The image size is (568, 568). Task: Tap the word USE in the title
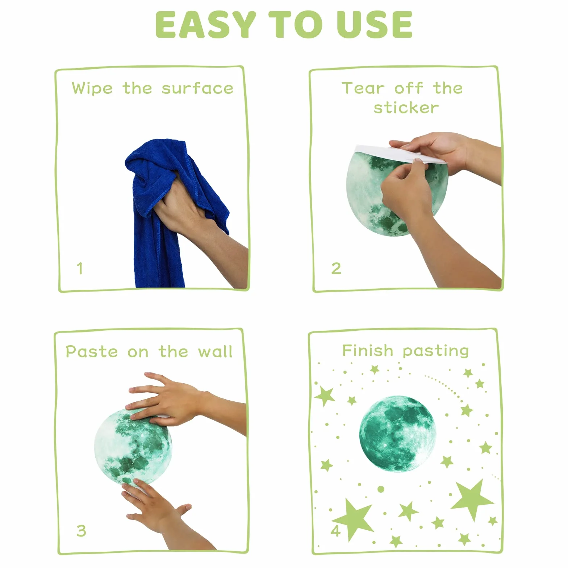(x=374, y=24)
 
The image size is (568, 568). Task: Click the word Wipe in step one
(x=92, y=88)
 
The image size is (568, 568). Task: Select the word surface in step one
(x=197, y=88)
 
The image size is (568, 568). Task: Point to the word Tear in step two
(x=363, y=88)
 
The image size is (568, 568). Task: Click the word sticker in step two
(x=406, y=108)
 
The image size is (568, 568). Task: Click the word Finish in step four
(x=367, y=350)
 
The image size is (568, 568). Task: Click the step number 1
(x=80, y=268)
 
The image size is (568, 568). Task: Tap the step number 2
(x=336, y=268)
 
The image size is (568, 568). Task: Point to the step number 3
(x=81, y=531)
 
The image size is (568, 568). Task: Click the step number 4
(x=336, y=531)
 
